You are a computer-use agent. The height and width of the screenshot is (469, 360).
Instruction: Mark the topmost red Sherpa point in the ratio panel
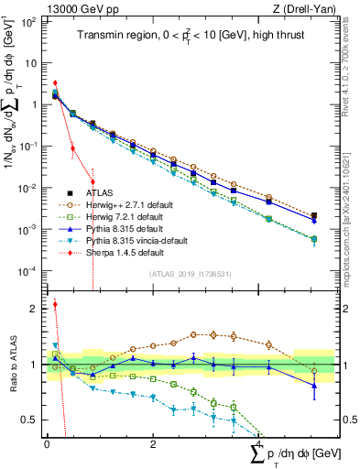(x=55, y=305)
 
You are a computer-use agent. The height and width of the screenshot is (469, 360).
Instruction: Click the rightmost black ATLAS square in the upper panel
(x=314, y=216)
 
